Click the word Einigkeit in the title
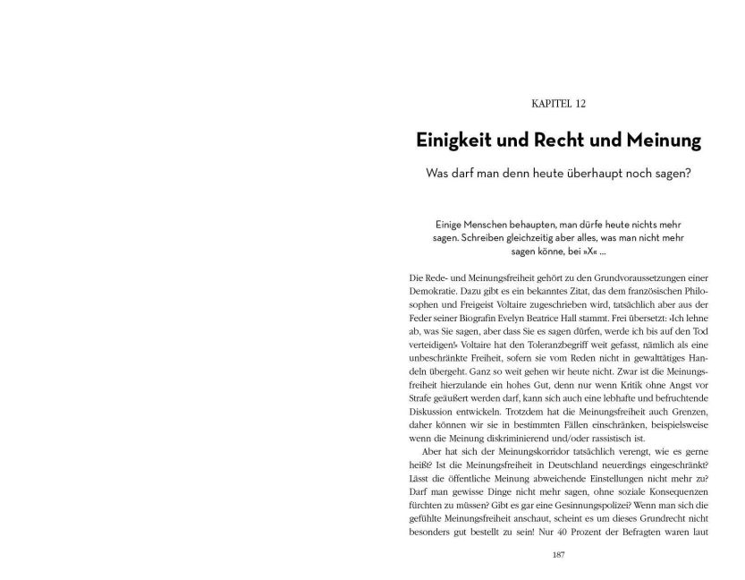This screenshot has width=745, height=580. (x=459, y=141)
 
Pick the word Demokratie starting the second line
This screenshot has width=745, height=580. (x=429, y=292)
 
